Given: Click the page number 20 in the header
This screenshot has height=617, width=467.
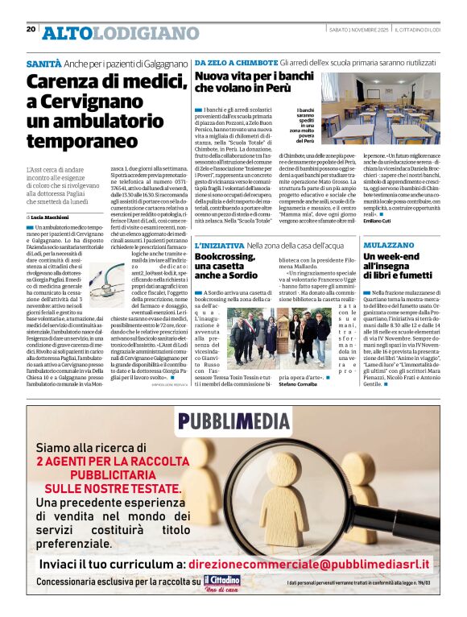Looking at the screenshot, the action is [x=31, y=29].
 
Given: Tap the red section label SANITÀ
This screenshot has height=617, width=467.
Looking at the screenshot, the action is [x=43, y=63].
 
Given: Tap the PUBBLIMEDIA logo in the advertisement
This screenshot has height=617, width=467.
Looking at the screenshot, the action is [x=233, y=420].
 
